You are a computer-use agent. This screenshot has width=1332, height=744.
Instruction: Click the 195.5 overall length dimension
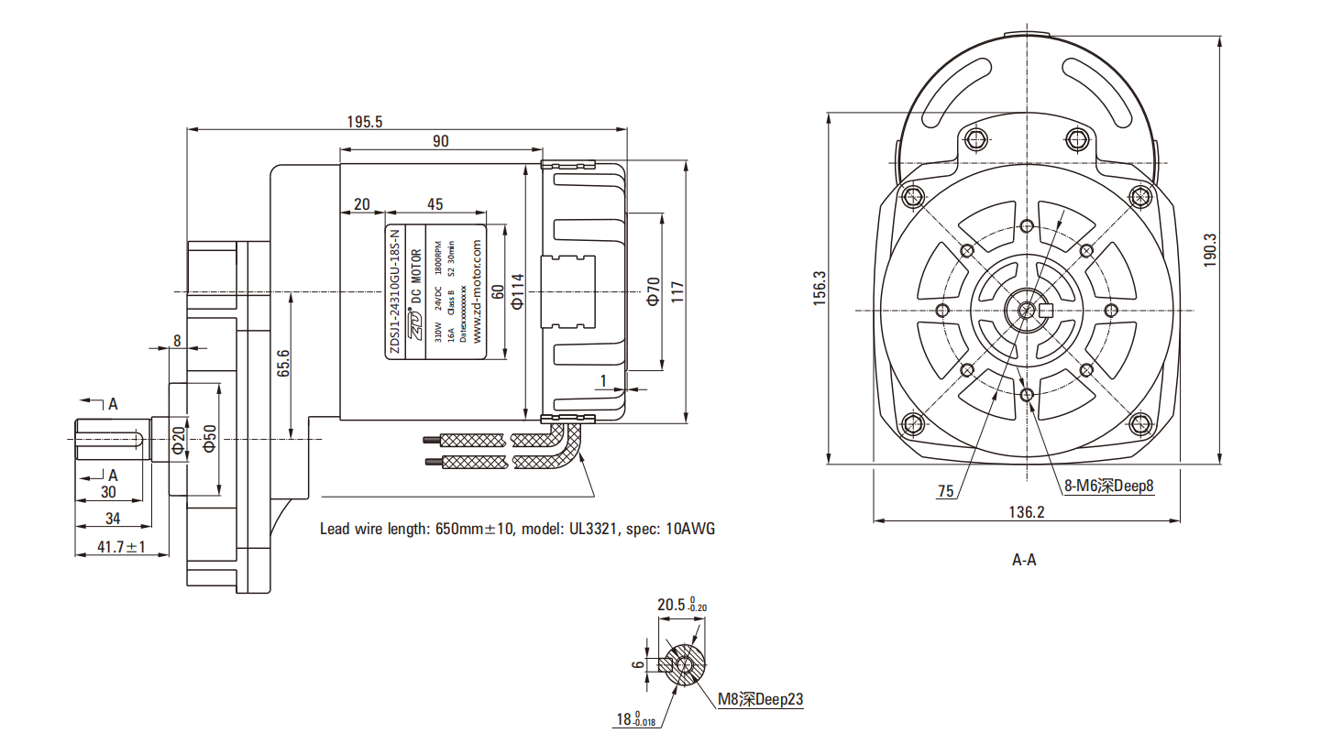click(x=365, y=121)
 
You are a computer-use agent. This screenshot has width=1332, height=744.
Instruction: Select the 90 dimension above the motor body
click(x=440, y=141)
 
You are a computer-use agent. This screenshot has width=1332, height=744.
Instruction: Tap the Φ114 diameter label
click(x=516, y=291)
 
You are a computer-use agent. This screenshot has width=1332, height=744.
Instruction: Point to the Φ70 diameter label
click(x=653, y=291)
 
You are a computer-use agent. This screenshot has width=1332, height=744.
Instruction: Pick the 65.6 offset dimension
click(x=283, y=365)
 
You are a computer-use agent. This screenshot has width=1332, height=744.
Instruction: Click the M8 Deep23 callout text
click(x=760, y=699)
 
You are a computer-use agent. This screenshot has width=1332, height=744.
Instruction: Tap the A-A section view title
click(x=1024, y=559)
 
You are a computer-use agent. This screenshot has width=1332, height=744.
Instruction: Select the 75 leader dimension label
click(x=945, y=491)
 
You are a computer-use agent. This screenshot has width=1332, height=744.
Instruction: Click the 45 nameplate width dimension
click(x=435, y=203)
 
